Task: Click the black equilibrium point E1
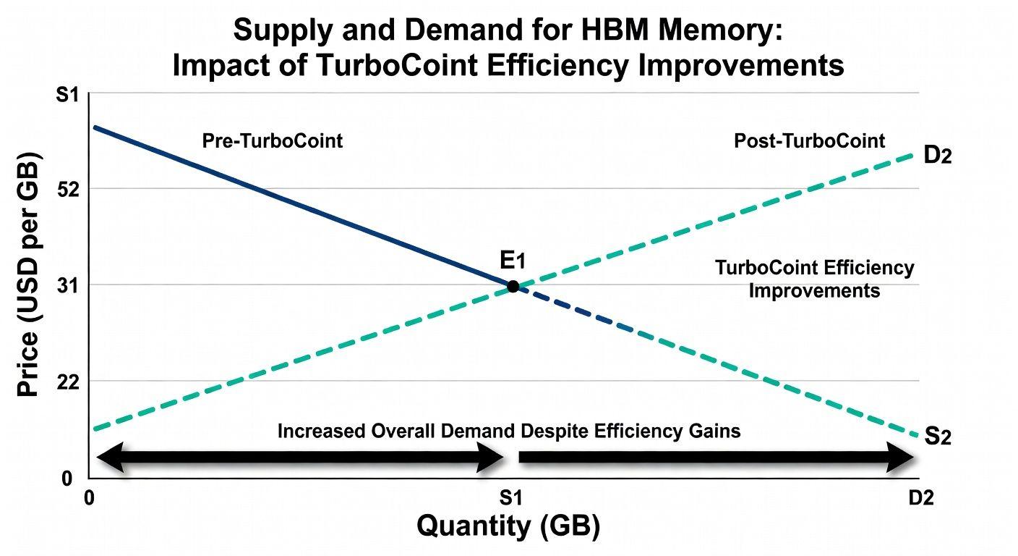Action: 513,286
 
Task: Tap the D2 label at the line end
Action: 938,156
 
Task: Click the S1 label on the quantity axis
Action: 511,498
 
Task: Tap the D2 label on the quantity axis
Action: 921,498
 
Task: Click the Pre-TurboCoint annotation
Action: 272,140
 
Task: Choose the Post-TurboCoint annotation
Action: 809,140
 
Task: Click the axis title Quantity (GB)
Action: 508,526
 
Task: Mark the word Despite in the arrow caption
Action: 555,431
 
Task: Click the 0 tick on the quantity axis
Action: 90,498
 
